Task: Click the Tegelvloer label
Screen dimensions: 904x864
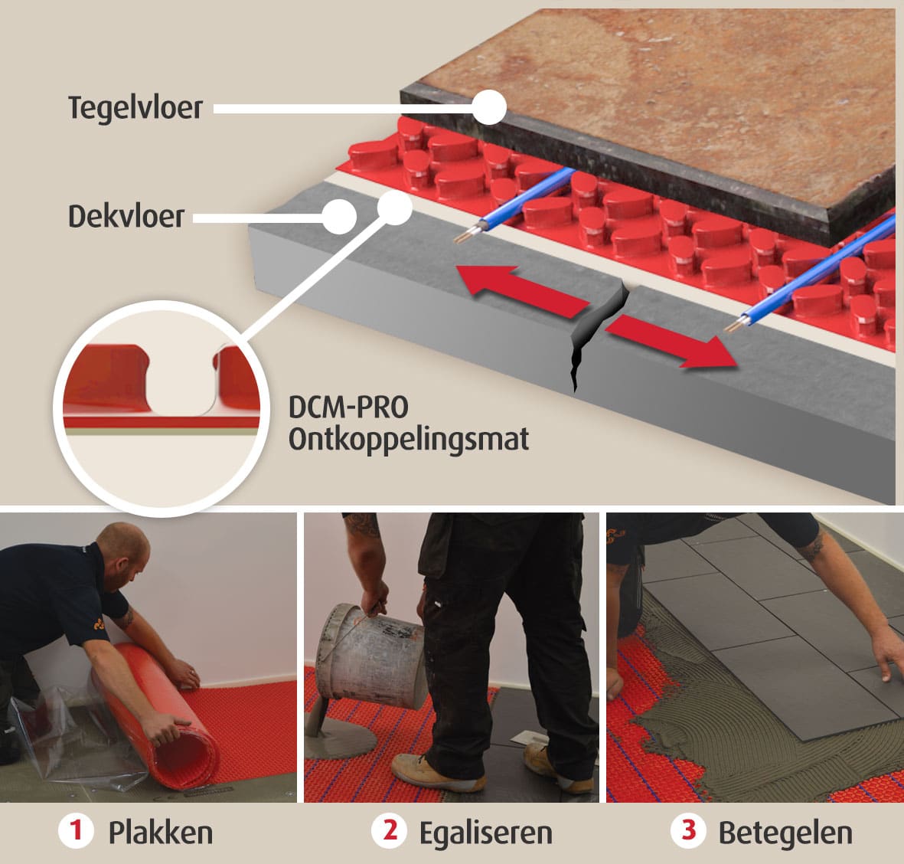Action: (x=135, y=108)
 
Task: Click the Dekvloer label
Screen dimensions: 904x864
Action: (x=126, y=217)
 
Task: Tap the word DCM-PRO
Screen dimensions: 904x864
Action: (x=348, y=407)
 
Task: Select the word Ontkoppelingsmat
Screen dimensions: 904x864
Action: (x=409, y=440)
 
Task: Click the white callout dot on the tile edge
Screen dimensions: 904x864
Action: (x=489, y=107)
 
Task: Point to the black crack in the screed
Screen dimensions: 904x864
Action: (x=598, y=335)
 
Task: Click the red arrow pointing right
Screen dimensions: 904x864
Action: (x=671, y=342)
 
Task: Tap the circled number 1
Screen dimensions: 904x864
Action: (x=76, y=831)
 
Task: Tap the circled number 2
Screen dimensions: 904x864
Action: (x=390, y=831)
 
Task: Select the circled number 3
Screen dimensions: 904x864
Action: (x=688, y=831)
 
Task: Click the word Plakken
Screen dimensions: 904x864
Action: (x=161, y=833)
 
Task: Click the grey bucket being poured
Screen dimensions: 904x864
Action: (x=370, y=655)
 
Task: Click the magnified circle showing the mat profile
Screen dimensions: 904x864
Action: (x=162, y=408)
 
